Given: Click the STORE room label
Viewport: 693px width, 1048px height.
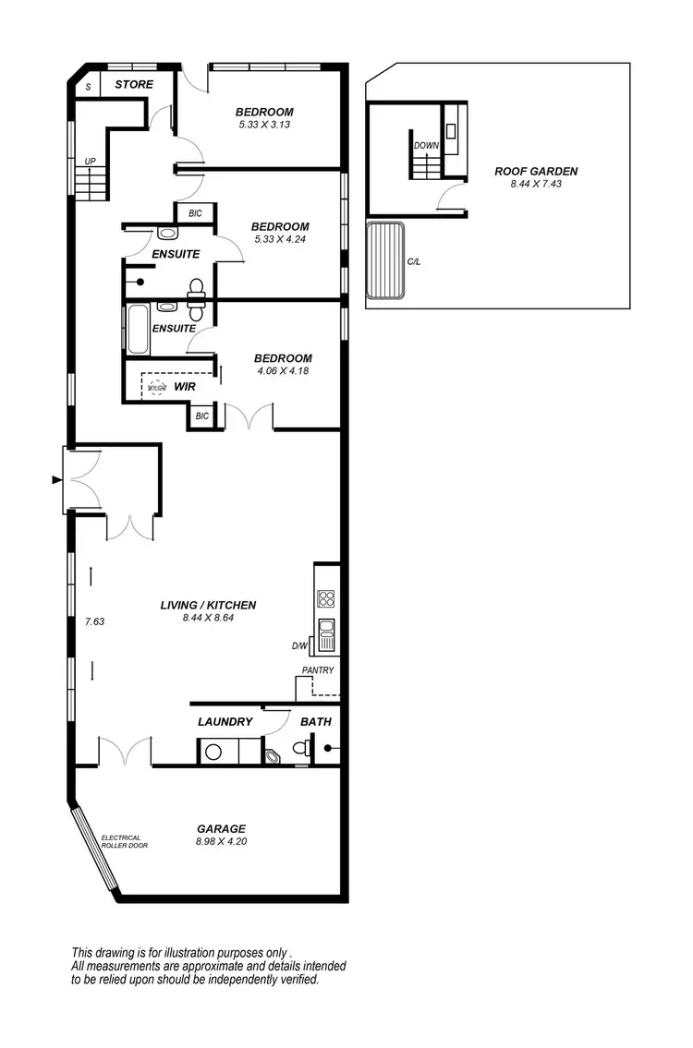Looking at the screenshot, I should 133,85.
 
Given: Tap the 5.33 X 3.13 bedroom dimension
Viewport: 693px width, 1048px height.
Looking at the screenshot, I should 265,125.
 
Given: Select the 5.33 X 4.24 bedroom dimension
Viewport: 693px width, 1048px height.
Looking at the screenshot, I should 280,239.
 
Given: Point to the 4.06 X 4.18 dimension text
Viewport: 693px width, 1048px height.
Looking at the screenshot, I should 283,371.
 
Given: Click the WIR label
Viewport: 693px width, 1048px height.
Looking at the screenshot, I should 185,388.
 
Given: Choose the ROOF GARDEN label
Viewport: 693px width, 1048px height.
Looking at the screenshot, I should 536,171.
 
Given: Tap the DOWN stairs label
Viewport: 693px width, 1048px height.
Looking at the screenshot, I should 426,146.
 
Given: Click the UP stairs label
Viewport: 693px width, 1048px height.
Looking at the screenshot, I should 90,162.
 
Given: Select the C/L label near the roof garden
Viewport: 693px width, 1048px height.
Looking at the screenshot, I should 414,262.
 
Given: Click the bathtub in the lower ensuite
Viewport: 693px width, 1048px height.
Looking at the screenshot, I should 137,330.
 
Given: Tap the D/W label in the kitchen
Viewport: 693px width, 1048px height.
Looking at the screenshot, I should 298,646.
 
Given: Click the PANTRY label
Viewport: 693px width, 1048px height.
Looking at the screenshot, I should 317,670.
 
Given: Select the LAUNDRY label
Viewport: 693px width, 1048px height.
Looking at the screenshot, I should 225,722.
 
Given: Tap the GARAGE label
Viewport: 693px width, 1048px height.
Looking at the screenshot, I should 221,828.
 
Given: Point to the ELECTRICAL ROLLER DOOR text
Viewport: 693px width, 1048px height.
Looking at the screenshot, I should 121,841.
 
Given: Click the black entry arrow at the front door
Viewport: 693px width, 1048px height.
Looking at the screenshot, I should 57,480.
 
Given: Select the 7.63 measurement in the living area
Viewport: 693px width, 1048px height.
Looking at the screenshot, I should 94,621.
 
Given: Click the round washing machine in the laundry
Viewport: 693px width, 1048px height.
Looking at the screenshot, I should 213,753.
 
